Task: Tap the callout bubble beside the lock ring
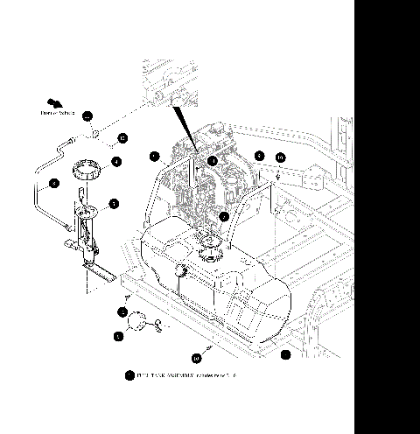(x=115, y=161)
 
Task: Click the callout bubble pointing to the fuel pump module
(x=114, y=203)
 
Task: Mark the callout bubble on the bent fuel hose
(x=53, y=183)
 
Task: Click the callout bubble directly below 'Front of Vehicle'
(x=87, y=115)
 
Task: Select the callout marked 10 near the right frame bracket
(x=280, y=157)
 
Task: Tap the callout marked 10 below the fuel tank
(x=196, y=357)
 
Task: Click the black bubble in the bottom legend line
(x=129, y=375)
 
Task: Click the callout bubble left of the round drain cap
(x=119, y=334)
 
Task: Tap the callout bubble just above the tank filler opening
(x=224, y=215)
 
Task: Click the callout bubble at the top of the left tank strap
(x=153, y=157)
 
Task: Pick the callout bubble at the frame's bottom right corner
(x=285, y=354)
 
